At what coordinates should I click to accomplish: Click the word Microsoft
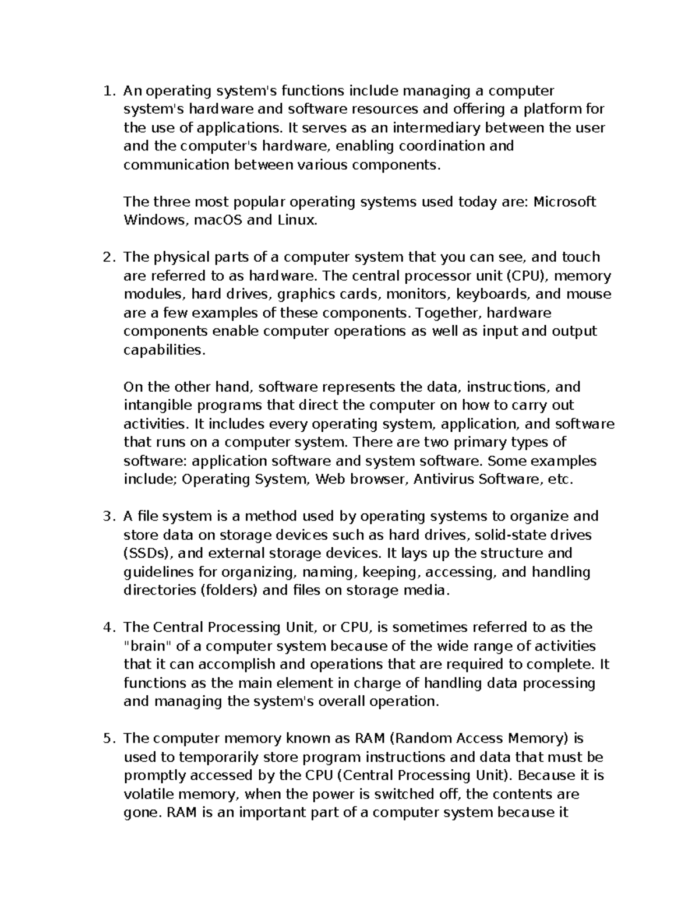click(x=564, y=202)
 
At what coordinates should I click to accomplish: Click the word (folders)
click(x=229, y=590)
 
